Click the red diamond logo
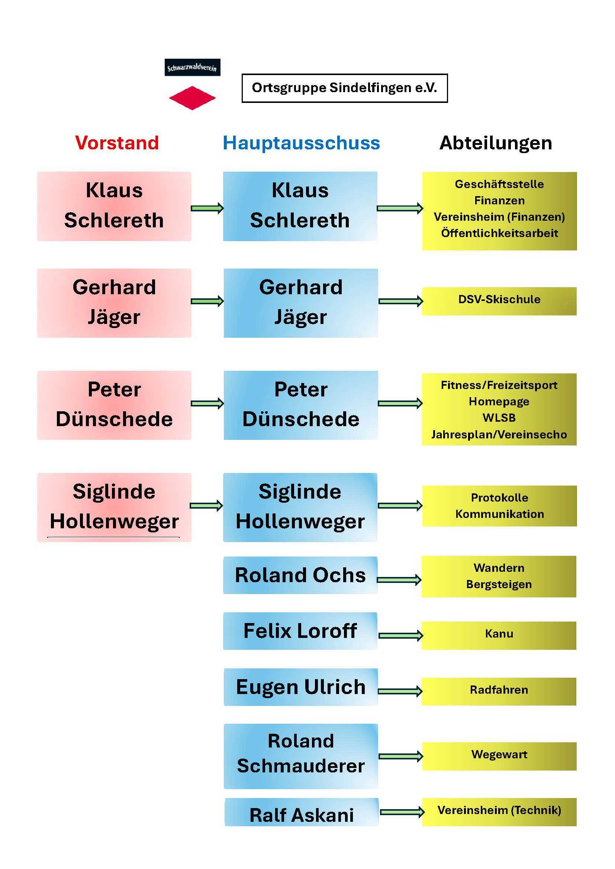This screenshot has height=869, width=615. [192, 98]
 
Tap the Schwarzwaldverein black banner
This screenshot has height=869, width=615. [192, 67]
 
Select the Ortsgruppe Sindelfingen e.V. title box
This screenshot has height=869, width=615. [345, 88]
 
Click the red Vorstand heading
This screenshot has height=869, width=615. [117, 143]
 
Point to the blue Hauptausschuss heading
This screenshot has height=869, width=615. [301, 143]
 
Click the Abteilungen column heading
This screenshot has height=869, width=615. [496, 143]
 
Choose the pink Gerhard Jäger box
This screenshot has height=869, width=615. [114, 303]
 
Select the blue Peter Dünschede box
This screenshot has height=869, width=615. [301, 405]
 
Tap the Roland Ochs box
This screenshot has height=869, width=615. [300, 575]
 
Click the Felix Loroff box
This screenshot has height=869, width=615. [300, 631]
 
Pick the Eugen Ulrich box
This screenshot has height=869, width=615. [301, 687]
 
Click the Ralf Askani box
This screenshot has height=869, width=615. [302, 815]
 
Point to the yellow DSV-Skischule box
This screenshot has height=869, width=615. [499, 301]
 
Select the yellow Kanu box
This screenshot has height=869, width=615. [499, 635]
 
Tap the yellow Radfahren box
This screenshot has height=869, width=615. [499, 691]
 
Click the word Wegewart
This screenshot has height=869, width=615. [499, 755]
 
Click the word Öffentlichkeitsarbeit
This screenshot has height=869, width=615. [499, 233]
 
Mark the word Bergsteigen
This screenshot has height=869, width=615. [499, 584]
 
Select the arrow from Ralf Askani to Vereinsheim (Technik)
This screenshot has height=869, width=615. [402, 812]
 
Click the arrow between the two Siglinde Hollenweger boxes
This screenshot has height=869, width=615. [206, 506]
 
